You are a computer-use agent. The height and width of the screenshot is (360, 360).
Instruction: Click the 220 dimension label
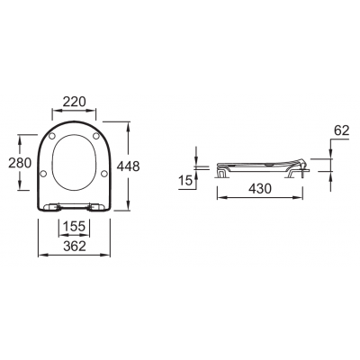click(x=74, y=102)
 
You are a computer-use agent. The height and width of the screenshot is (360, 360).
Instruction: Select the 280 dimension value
click(x=20, y=163)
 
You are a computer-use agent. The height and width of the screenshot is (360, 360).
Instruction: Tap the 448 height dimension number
click(x=128, y=166)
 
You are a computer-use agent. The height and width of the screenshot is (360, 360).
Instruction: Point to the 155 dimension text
click(x=75, y=226)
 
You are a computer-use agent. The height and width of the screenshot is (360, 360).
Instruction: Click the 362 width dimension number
click(x=75, y=247)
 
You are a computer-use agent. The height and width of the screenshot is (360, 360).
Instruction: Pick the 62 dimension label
click(x=342, y=130)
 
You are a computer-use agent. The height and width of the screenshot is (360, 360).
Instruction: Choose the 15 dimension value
click(x=185, y=181)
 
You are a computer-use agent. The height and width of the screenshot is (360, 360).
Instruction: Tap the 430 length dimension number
click(x=260, y=188)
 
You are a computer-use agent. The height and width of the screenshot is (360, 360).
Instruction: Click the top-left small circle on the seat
click(x=52, y=136)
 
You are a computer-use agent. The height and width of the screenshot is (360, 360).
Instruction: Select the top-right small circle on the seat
click(x=96, y=136)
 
